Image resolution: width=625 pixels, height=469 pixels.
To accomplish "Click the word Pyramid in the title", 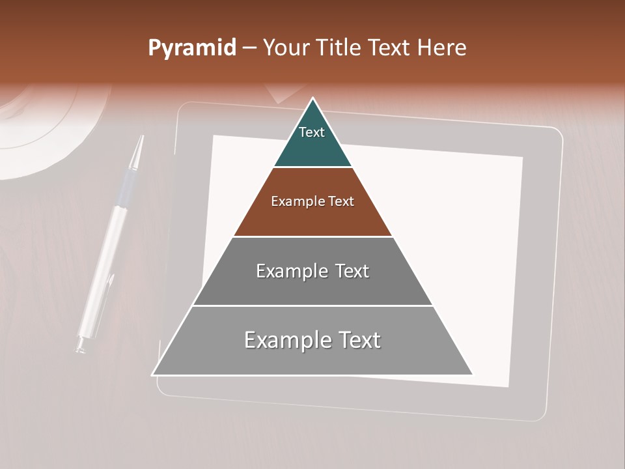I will click(x=191, y=48).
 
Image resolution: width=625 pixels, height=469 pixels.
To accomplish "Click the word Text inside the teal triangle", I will click(x=312, y=132).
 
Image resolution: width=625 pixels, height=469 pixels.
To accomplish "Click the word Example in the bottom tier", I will click(x=285, y=340).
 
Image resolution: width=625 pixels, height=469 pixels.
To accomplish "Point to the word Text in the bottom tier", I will click(x=356, y=340).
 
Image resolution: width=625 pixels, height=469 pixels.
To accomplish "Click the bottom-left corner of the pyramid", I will click(x=154, y=374).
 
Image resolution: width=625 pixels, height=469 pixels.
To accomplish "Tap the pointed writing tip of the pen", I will click(x=141, y=139).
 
